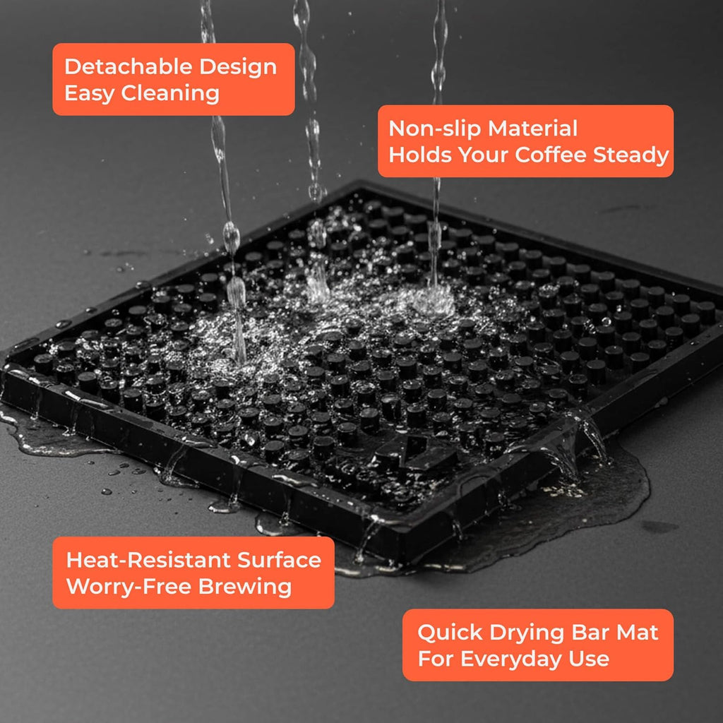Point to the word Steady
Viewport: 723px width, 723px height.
[x=631, y=155]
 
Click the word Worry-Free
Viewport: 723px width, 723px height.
[x=129, y=587]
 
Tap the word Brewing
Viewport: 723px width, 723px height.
[x=244, y=587]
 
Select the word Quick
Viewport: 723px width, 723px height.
[x=450, y=632]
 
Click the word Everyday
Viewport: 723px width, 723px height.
[x=511, y=659]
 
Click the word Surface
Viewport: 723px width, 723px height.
[x=279, y=560]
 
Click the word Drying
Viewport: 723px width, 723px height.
[x=527, y=633]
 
